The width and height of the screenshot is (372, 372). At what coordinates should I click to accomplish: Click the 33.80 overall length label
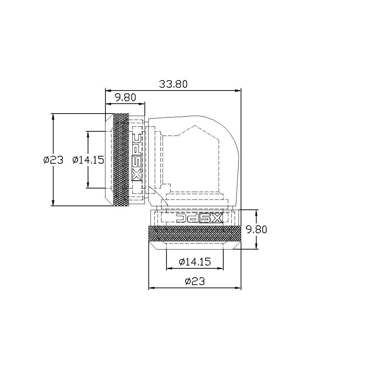coord(173,84)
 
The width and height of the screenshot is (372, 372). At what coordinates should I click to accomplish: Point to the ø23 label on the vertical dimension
coord(53,160)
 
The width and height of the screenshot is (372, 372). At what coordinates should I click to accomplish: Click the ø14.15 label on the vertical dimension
coord(88,160)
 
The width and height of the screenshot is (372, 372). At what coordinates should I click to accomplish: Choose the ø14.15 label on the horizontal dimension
coord(195,262)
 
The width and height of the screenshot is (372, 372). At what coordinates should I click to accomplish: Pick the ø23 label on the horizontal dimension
coord(195,281)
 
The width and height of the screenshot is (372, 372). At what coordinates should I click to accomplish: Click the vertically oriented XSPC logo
coord(137,160)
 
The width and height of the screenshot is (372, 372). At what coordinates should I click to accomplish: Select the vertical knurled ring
coord(121,160)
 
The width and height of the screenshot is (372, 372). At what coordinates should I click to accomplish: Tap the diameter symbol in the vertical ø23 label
coord(46,160)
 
